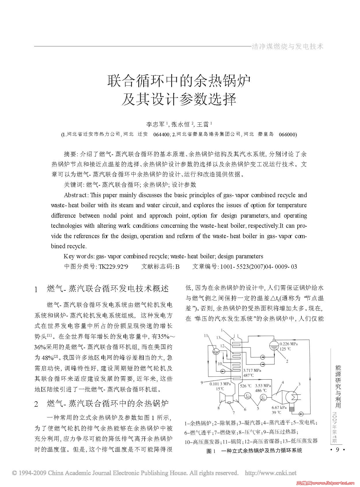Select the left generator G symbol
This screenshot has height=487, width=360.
tap(248, 396)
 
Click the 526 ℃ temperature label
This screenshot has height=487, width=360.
tap(245, 386)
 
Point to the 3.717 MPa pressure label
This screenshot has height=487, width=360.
tap(252, 370)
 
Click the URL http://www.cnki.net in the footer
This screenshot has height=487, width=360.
tap(271, 473)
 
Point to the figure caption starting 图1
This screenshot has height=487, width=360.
tap(254, 451)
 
